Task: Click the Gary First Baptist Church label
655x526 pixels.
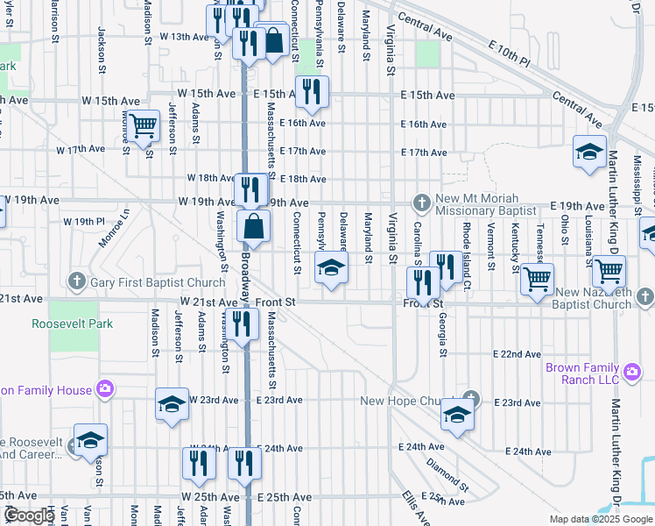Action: [158, 282]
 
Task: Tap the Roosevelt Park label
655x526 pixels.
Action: [73, 323]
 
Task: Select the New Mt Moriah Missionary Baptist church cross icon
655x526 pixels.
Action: [421, 203]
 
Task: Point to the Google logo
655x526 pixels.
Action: [29, 515]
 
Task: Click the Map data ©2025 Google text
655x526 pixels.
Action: [600, 519]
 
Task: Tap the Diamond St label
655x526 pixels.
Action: [447, 473]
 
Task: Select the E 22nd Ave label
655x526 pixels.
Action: [517, 354]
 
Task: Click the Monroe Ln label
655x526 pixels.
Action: [115, 227]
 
